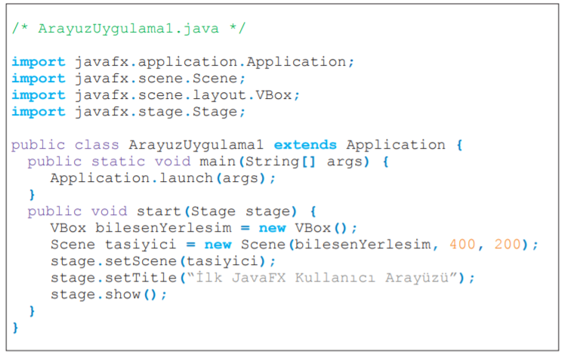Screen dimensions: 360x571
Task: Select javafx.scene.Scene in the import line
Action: [159, 78]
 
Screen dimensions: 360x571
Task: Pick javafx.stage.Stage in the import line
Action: [159, 112]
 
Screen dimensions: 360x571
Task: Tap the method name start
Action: [159, 211]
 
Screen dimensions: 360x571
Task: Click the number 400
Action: [462, 245]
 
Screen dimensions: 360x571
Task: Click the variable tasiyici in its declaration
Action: [137, 245]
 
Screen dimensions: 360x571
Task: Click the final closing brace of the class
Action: [15, 328]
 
